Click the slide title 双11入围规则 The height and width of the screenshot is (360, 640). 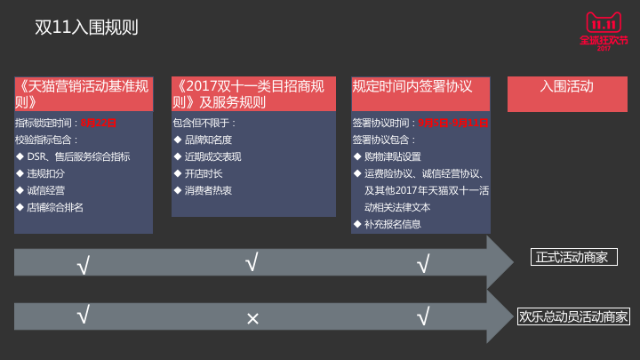tap(85, 28)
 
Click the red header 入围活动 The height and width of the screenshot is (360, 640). tap(566, 87)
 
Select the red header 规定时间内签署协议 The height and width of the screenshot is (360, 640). tap(412, 87)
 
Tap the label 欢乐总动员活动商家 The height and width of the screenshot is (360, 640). tap(573, 316)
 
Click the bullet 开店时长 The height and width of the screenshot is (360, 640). tap(204, 173)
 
